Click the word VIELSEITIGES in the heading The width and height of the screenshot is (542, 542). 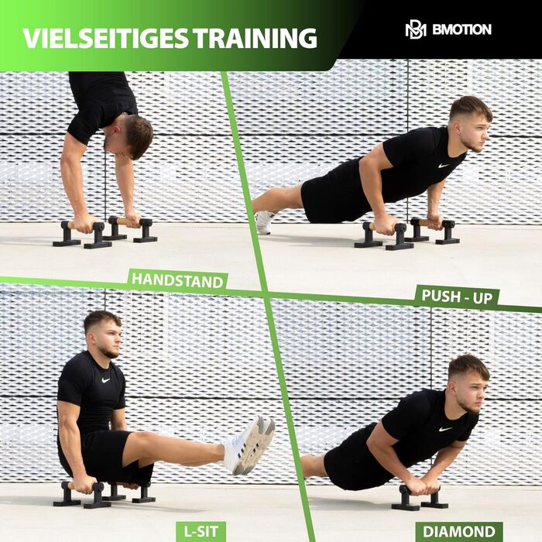coord(106,38)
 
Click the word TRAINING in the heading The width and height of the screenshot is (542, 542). coord(255,38)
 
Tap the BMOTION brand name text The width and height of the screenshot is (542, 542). coord(461,29)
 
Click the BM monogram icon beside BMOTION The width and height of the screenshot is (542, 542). coord(416,30)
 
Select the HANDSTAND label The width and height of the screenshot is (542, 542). coord(177,280)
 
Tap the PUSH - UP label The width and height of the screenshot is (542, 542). coord(457,297)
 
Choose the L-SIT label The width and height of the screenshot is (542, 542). coord(201,531)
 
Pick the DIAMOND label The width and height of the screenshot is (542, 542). coord(458,532)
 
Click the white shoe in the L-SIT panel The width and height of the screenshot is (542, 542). coord(249,445)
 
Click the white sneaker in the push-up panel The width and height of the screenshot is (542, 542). coord(265,222)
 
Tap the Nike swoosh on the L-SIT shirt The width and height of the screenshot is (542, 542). coord(105,380)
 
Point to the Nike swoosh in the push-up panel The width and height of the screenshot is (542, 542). coord(443,166)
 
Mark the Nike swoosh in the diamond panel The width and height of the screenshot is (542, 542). coord(445,429)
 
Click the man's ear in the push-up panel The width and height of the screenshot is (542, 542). coord(458,129)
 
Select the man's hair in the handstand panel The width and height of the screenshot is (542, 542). coord(137,135)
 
